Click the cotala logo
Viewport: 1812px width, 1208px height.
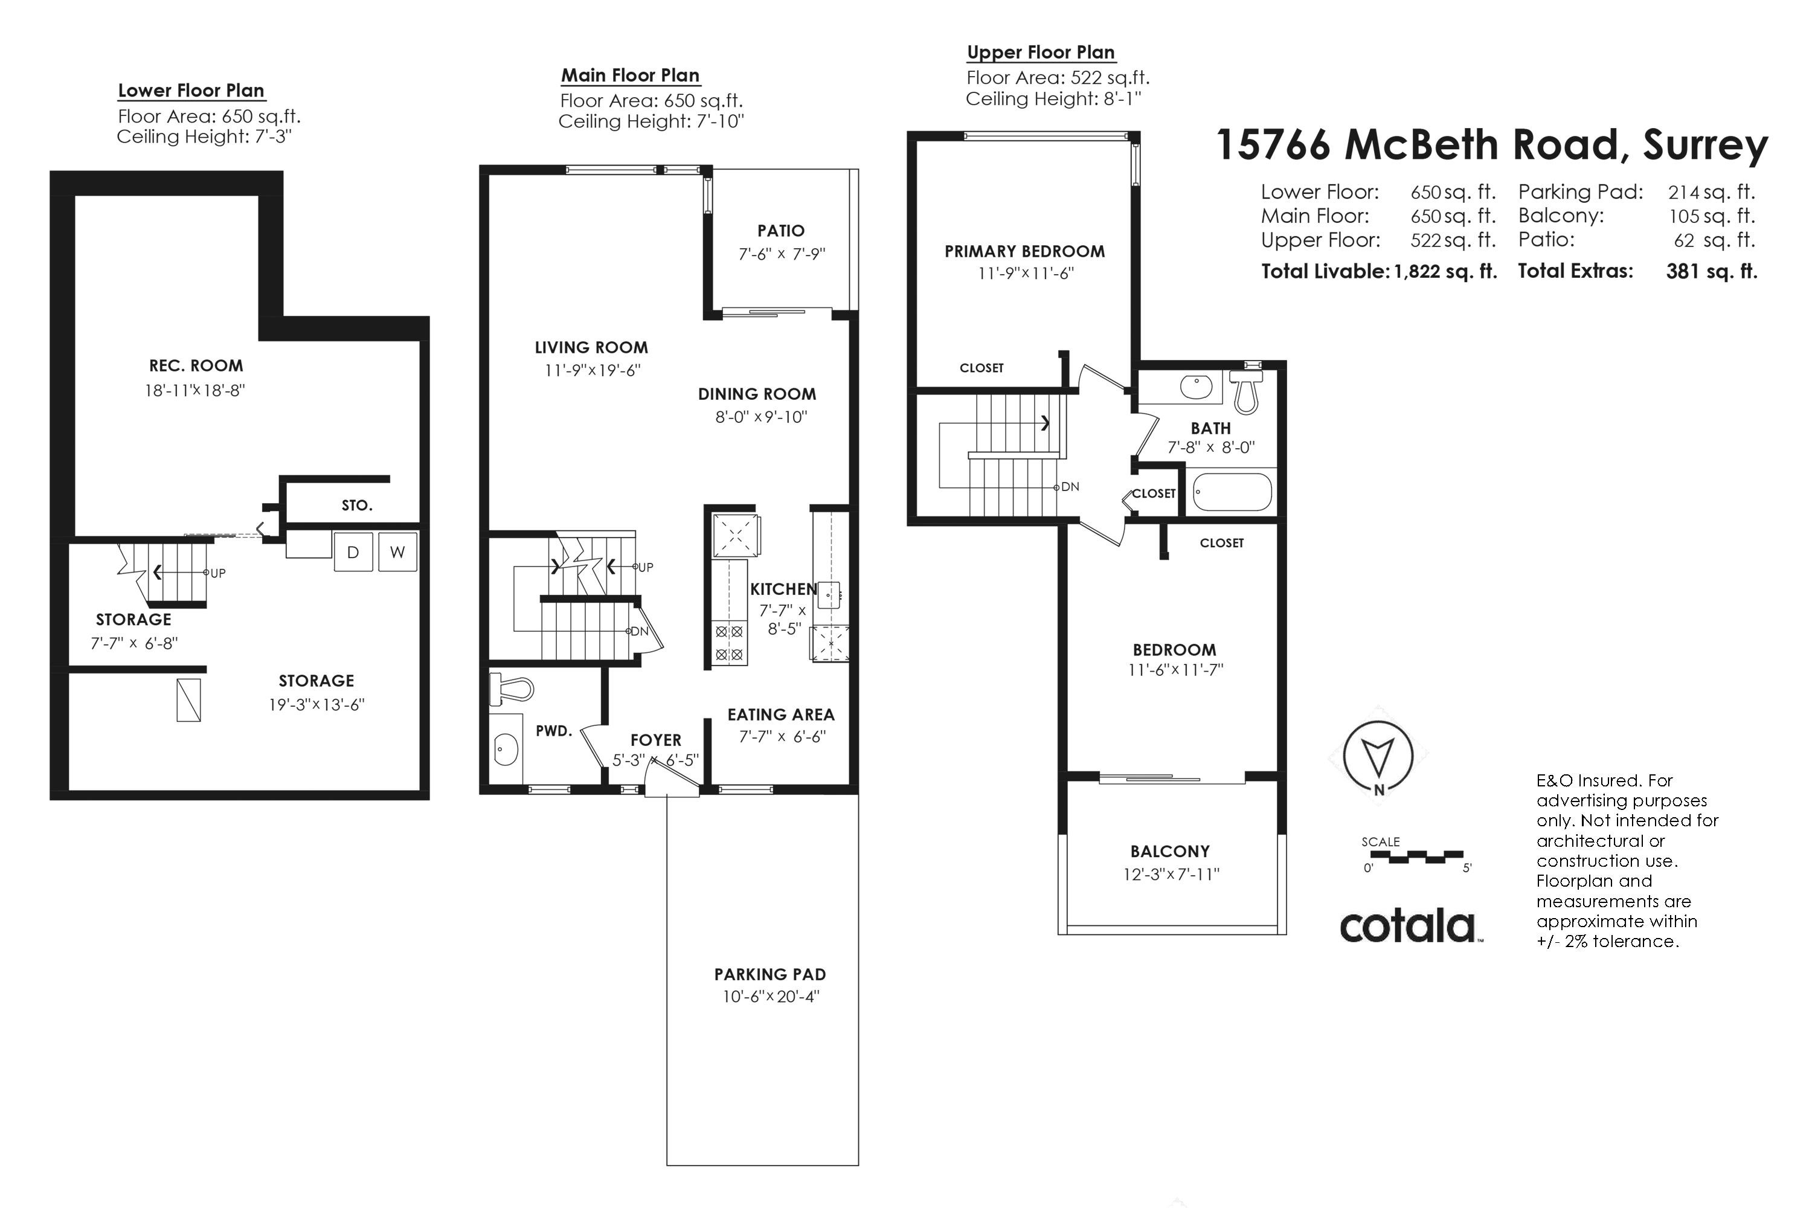tap(1407, 926)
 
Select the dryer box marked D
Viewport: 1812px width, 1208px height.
tap(353, 551)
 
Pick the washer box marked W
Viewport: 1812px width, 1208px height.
tap(397, 551)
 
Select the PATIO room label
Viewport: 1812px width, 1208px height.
tap(780, 230)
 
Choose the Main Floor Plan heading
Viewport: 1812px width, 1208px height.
tap(630, 75)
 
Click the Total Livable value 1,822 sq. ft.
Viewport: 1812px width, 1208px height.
tap(1445, 271)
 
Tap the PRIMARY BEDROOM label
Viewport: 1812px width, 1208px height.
tap(1024, 251)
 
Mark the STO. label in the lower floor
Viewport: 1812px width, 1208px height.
tap(357, 506)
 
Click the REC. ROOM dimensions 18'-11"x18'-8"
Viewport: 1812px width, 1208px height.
tap(195, 390)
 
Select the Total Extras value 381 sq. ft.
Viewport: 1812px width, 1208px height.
tap(1712, 271)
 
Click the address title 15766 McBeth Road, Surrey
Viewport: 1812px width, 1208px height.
tap(1491, 145)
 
